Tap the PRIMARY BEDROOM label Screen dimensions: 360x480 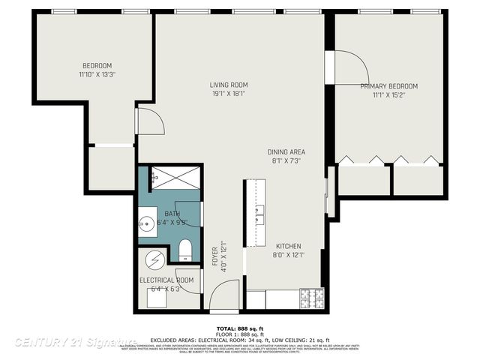(x=388, y=86)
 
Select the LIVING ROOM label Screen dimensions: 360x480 (x=229, y=85)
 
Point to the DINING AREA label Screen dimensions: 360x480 (x=286, y=152)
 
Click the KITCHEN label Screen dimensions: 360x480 (x=289, y=245)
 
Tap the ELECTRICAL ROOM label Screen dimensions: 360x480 (x=166, y=280)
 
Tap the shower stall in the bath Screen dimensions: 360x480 (x=175, y=178)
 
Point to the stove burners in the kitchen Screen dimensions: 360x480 (x=311, y=298)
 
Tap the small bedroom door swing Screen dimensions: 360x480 (x=147, y=120)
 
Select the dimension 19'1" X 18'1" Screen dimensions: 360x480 (x=229, y=94)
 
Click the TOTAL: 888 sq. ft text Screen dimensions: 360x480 (x=240, y=328)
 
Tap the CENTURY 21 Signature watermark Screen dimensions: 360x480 (x=75, y=342)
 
